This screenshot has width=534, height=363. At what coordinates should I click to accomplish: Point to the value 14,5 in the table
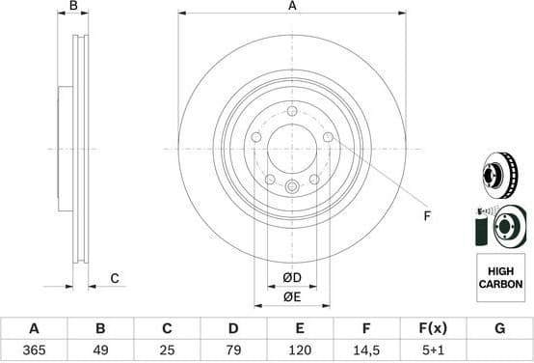(x=365, y=349)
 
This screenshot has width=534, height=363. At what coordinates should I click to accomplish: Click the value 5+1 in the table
(x=432, y=349)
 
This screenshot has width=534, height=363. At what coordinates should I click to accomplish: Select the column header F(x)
(x=432, y=328)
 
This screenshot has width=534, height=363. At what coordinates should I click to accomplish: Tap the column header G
(x=499, y=328)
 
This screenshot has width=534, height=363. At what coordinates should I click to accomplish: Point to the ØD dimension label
(x=291, y=278)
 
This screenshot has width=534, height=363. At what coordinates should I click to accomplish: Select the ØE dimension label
(x=291, y=297)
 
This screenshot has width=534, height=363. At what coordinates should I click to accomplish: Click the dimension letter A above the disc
(x=292, y=7)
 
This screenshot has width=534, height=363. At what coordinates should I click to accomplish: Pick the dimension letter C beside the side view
(x=114, y=279)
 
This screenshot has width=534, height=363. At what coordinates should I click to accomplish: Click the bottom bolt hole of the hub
(x=292, y=186)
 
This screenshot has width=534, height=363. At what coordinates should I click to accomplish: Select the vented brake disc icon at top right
(x=499, y=178)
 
